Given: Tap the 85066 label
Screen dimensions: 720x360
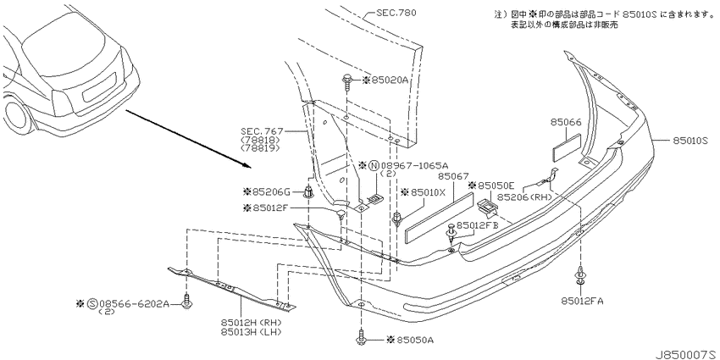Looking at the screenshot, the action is [566, 122].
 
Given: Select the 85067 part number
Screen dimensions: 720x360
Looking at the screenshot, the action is [453, 176].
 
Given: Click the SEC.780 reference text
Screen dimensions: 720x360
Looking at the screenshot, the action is [396, 13].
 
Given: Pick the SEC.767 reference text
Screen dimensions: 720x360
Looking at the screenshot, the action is [259, 130].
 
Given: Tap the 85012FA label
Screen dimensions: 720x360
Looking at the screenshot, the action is [582, 301].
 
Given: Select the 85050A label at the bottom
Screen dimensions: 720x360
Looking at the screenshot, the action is [415, 340].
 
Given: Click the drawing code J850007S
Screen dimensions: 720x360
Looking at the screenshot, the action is [686, 354].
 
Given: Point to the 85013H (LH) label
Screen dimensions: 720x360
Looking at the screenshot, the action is [252, 331].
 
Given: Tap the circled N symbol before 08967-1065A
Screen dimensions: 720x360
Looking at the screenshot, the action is [374, 165].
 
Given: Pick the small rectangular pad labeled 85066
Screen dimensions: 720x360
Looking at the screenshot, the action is [566, 147].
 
